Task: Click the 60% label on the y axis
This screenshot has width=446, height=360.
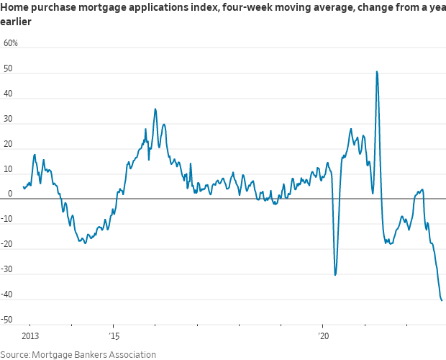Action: tap(11, 43)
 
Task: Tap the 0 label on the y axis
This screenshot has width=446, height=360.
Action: tap(11, 194)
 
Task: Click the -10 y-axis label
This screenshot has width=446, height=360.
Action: tap(9, 220)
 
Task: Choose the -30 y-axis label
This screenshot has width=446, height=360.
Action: tap(9, 270)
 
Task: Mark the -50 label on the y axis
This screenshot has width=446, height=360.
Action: tap(9, 320)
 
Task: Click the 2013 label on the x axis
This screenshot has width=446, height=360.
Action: tap(30, 336)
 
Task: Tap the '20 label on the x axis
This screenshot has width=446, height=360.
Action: tap(323, 336)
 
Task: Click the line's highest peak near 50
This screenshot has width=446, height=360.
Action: tap(377, 71)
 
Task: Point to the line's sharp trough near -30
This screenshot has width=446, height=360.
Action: tap(335, 275)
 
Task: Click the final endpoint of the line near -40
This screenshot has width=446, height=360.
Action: tap(442, 300)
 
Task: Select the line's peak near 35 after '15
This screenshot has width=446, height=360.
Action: tap(155, 109)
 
